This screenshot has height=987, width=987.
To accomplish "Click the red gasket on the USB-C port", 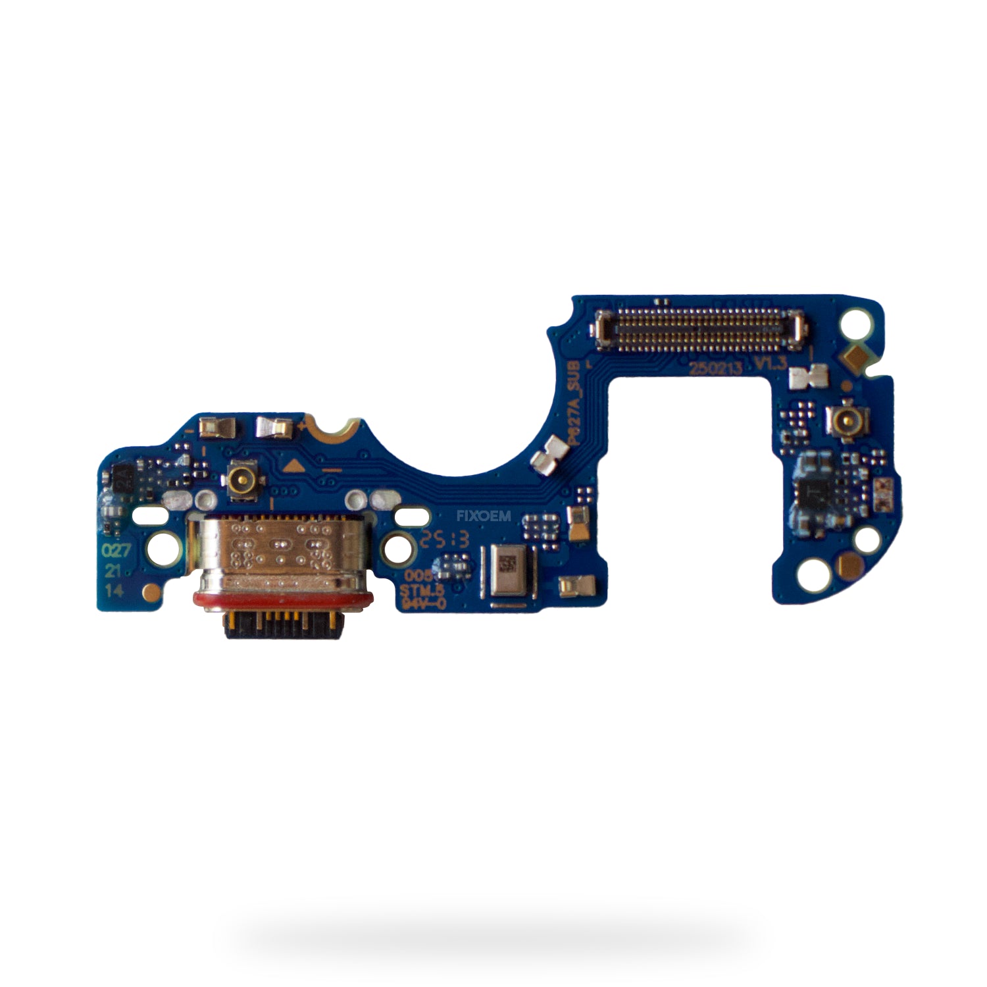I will [x=283, y=599].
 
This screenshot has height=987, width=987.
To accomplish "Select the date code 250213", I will [x=715, y=370].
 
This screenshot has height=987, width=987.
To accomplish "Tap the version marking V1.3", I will [x=771, y=364].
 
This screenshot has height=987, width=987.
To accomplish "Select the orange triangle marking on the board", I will [x=293, y=468].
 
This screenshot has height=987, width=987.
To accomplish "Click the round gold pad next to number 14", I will [x=151, y=589].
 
